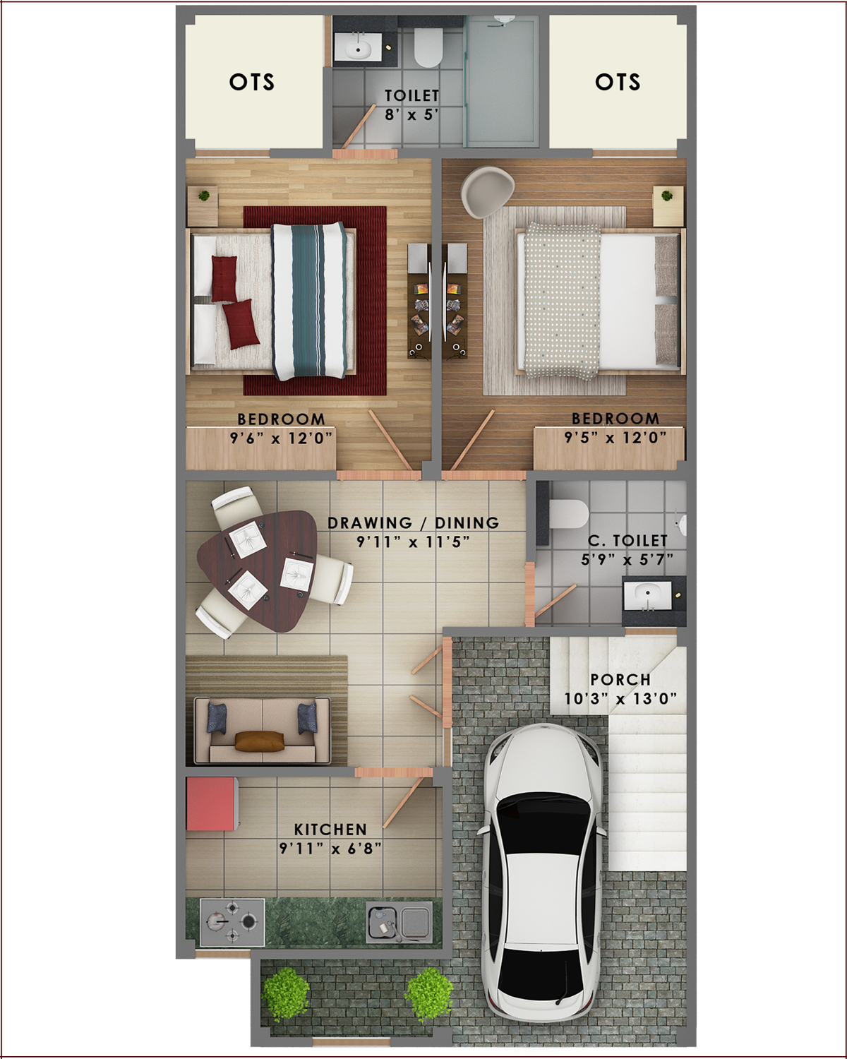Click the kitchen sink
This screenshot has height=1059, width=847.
(x=399, y=922)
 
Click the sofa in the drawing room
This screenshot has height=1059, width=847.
(x=263, y=730)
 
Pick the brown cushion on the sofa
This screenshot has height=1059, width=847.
(x=260, y=741)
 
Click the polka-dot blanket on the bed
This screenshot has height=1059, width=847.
(x=562, y=301)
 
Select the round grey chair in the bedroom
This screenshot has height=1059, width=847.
(x=487, y=191)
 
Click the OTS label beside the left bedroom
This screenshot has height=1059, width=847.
(x=251, y=82)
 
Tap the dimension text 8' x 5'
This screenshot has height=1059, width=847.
(x=412, y=114)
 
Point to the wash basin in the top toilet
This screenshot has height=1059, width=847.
(x=358, y=48)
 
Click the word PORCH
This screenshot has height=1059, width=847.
(x=620, y=680)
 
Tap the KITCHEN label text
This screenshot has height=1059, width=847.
(x=330, y=830)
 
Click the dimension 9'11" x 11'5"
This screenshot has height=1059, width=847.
(x=413, y=542)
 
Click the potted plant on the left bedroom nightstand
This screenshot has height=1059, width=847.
(x=204, y=196)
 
